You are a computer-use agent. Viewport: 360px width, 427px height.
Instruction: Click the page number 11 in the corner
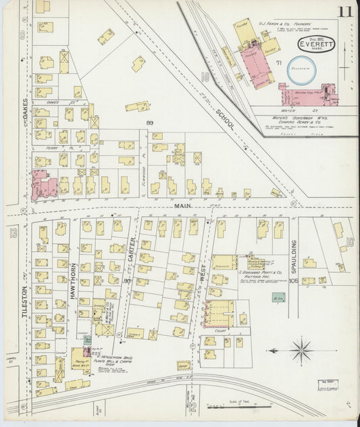pos(345,11)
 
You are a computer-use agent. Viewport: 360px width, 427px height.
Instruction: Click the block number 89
pos(150,122)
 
